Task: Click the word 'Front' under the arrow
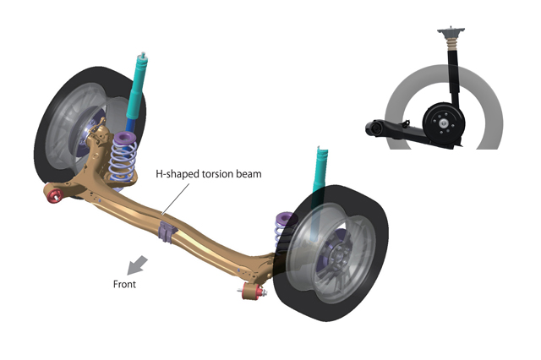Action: tap(124, 284)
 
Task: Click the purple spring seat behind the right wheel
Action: tap(285, 221)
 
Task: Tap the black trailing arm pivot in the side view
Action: tap(371, 127)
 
